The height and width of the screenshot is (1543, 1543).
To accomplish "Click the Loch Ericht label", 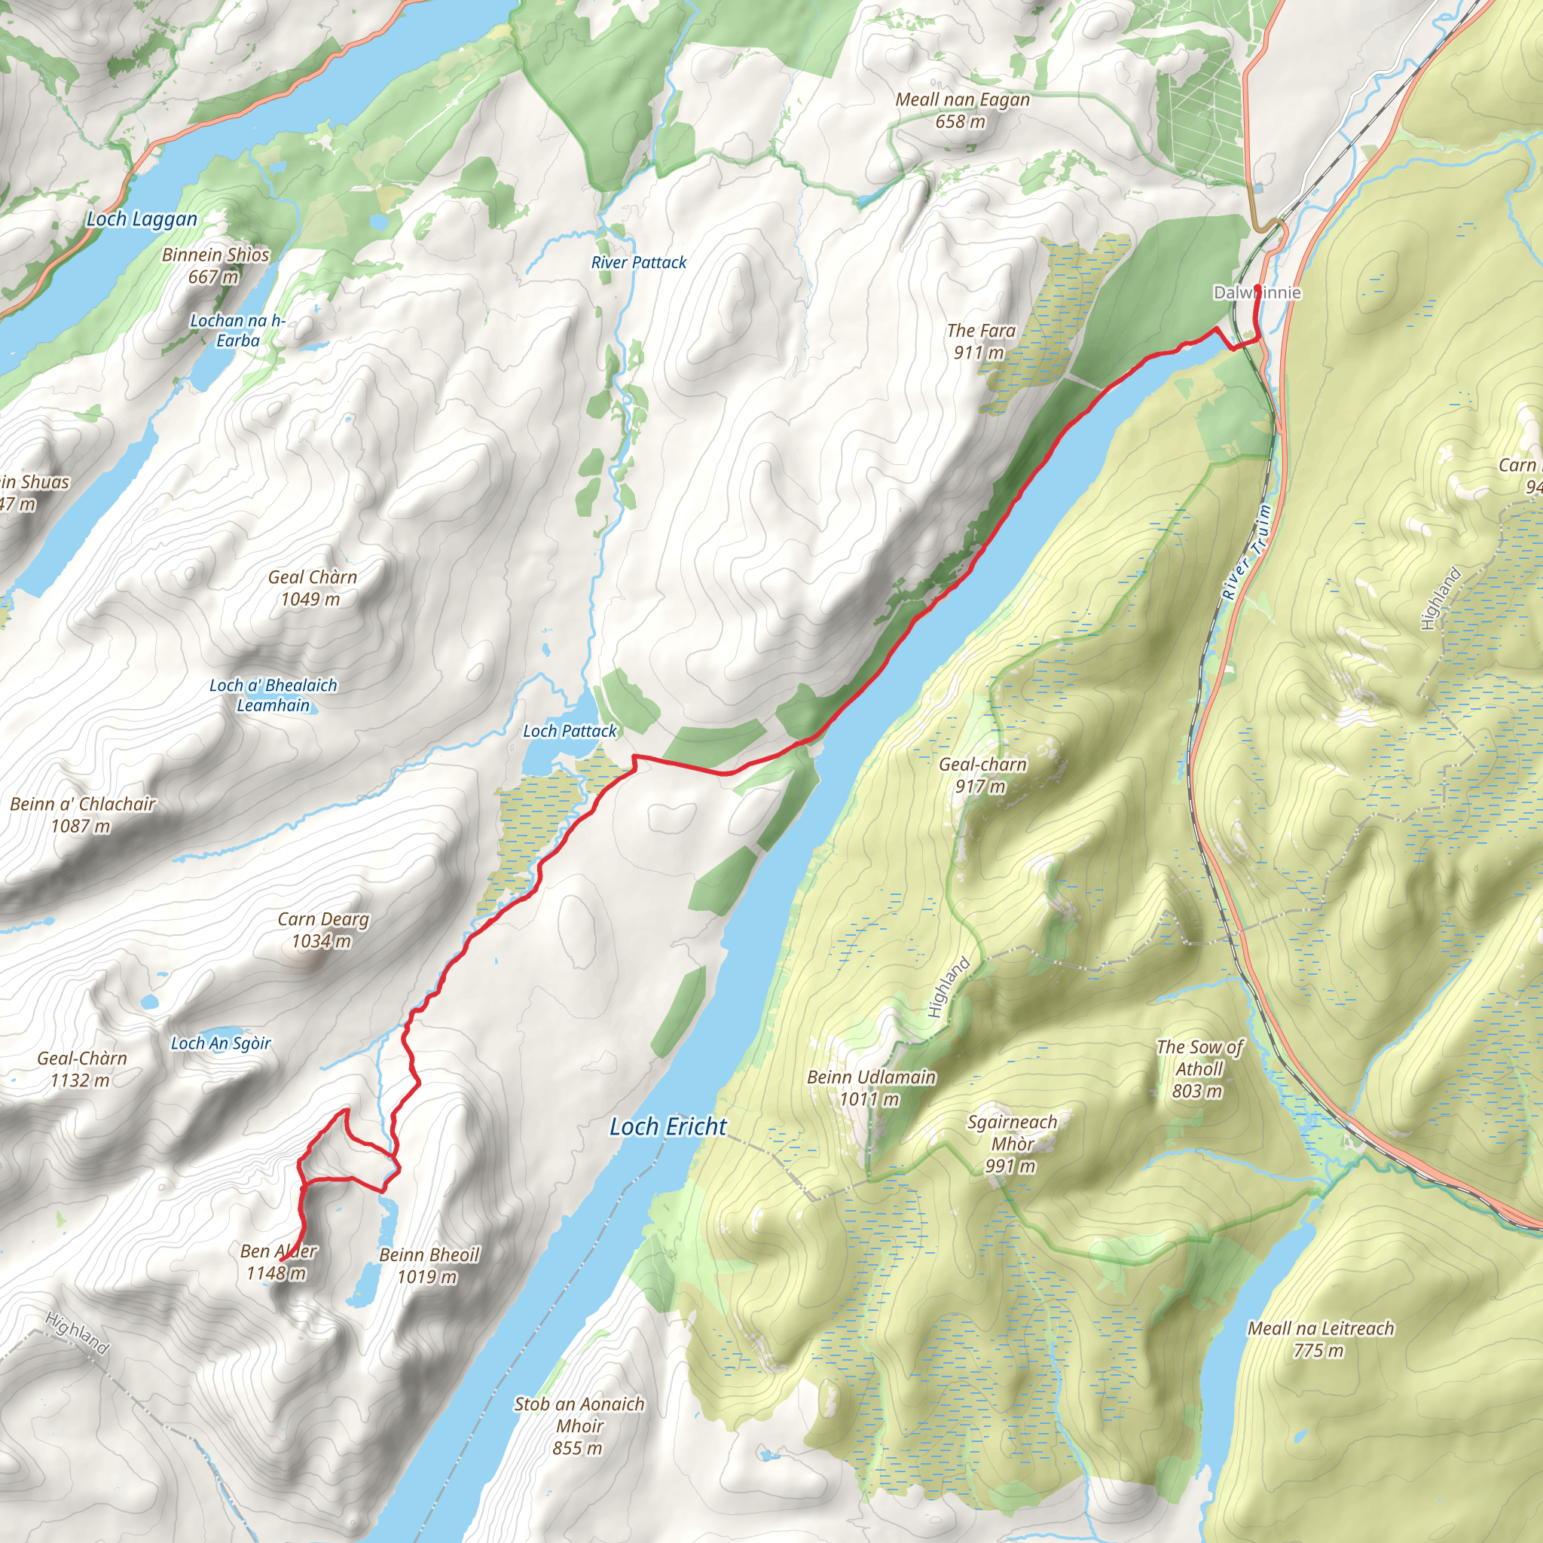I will tap(668, 1127).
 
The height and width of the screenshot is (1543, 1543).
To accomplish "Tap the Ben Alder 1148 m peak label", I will tap(278, 1263).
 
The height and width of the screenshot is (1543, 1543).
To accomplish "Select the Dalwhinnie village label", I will tap(1257, 293).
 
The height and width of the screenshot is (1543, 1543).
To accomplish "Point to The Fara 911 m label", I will tap(980, 341).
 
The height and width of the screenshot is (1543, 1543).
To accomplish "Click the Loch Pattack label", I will tap(570, 731).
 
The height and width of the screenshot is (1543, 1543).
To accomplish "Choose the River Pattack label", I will tap(638, 263).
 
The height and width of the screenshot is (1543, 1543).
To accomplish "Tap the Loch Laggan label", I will tap(142, 220).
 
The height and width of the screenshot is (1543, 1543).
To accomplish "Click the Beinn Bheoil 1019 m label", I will tap(429, 1266).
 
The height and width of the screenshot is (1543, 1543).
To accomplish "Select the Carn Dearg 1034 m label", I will tap(322, 930).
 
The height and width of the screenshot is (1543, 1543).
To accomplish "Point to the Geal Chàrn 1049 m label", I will tap(311, 588).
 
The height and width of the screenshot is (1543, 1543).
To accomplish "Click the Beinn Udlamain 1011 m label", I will tap(870, 1088).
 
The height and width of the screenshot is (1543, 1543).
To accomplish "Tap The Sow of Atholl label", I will tap(1199, 1068).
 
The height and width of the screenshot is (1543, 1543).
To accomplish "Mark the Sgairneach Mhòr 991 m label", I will tap(1011, 1144).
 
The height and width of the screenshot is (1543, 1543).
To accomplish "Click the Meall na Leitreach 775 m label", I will tap(1320, 1340).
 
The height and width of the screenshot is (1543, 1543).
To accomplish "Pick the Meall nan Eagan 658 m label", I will tap(961, 110).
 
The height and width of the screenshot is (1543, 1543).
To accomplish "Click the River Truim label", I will tap(1245, 553).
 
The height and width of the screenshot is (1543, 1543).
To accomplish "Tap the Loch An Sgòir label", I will tap(221, 1043).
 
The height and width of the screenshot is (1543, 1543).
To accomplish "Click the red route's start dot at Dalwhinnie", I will tap(1258, 288).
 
